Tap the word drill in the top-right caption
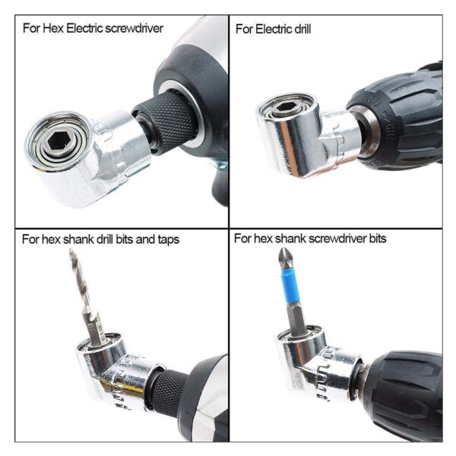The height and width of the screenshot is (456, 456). click(x=299, y=29)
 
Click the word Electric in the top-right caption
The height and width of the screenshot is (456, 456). click(x=272, y=29)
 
